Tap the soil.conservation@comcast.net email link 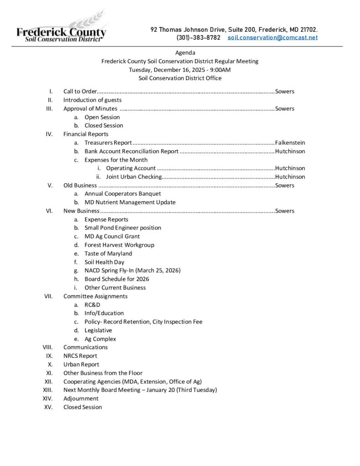272,37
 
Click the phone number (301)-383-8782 198,37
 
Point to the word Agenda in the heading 185,53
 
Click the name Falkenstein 290,143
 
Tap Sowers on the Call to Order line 284,91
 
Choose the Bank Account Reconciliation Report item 131,151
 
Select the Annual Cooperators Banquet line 122,194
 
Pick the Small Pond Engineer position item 122,228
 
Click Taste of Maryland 108,253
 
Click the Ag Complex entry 100,339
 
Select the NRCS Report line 80,356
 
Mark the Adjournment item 81,399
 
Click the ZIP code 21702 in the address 308,30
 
